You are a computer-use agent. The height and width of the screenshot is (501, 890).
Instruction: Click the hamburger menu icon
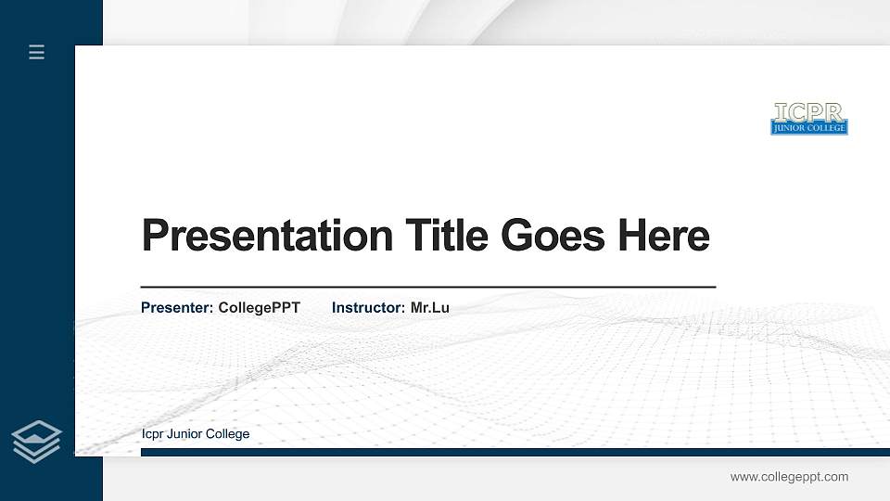coord(37,52)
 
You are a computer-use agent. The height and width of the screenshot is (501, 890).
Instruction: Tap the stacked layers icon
coord(37,442)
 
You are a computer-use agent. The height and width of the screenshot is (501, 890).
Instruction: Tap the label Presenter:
coord(177,307)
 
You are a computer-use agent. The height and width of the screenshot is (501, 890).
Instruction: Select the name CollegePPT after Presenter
coord(259,307)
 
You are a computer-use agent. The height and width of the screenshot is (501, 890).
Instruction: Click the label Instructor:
coord(368,307)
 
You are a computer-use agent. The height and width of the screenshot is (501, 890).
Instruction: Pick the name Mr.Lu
coord(429,307)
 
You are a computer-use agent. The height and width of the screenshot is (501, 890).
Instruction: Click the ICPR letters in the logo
coord(808,112)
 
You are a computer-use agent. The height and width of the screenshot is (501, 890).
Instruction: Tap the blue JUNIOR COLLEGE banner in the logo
coord(808,128)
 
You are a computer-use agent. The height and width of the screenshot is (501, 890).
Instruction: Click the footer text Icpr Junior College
coord(196,434)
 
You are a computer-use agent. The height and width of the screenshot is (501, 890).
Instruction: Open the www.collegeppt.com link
coord(789,477)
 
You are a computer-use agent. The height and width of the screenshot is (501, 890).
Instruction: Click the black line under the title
coord(427,288)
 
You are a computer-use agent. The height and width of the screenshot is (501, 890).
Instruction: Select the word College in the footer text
coord(228,434)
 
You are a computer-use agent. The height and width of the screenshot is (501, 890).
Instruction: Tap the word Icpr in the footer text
coord(153,434)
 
